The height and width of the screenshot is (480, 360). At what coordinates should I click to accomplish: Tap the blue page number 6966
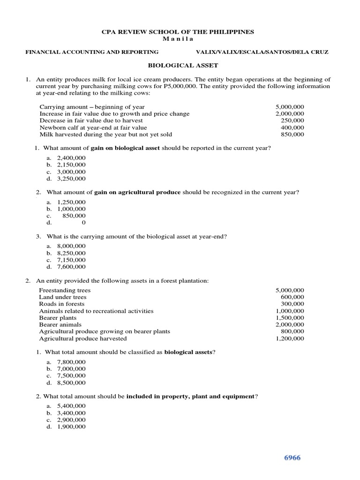(291, 457)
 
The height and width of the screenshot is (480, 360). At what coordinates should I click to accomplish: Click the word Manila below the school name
(178, 38)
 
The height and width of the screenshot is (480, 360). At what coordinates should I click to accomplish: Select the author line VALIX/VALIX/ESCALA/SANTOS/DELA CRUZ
(263, 52)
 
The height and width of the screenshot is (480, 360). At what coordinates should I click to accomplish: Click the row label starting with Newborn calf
(93, 127)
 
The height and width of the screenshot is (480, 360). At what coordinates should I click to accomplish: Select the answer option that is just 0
(83, 223)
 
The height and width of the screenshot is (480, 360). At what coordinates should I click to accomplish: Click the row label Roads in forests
(62, 304)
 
